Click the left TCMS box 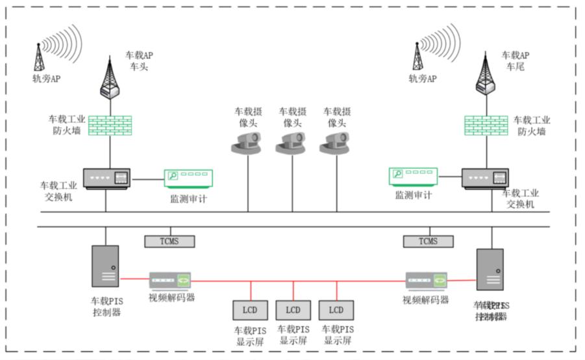click(x=170, y=242)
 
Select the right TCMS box click(x=429, y=242)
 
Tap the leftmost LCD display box click(x=250, y=310)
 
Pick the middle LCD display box click(x=293, y=310)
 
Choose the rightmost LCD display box click(x=336, y=310)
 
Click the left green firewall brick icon click(x=110, y=125)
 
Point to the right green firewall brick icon click(x=486, y=125)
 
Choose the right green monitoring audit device click(x=413, y=176)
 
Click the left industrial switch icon click(x=106, y=178)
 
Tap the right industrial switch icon click(x=485, y=178)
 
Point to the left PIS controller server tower click(x=105, y=266)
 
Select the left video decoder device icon click(x=171, y=281)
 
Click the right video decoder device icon click(x=427, y=281)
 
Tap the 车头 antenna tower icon click(x=109, y=77)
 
